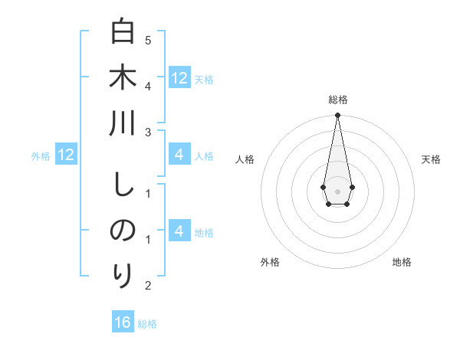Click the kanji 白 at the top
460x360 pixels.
click(123, 33)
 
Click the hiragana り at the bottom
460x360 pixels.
click(123, 273)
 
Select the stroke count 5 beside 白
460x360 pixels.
click(148, 40)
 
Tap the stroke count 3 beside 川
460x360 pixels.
click(148, 133)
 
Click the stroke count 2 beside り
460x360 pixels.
click(148, 286)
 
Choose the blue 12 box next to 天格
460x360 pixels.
click(179, 77)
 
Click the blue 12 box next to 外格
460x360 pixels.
click(66, 155)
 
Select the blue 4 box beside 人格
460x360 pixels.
click(179, 155)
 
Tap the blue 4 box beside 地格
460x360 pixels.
click(179, 231)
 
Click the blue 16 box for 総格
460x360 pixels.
click(123, 322)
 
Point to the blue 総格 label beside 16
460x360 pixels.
click(147, 324)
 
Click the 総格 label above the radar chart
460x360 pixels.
click(337, 100)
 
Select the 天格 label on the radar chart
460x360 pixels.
click(431, 159)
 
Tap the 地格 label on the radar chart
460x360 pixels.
click(402, 262)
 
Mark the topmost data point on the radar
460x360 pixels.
click(337, 115)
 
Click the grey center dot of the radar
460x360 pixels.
click(337, 191)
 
